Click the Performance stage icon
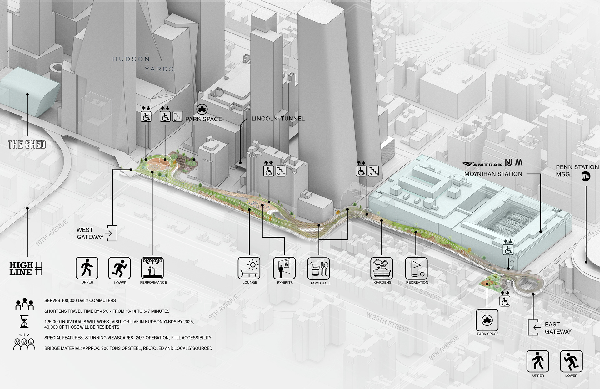[152, 268]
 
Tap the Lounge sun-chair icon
[249, 268]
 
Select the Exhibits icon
[284, 268]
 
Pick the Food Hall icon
[319, 269]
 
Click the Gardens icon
[382, 268]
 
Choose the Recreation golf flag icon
[416, 268]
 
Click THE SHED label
[27, 145]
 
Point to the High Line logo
[26, 269]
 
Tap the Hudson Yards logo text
[143, 64]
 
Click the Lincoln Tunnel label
[278, 119]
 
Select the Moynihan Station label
[493, 174]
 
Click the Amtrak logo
[482, 164]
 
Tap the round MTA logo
[586, 177]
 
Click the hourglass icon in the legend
[24, 321]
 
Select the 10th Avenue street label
[52, 233]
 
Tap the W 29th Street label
[388, 322]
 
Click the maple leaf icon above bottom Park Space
[487, 320]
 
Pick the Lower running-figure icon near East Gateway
[571, 361]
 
